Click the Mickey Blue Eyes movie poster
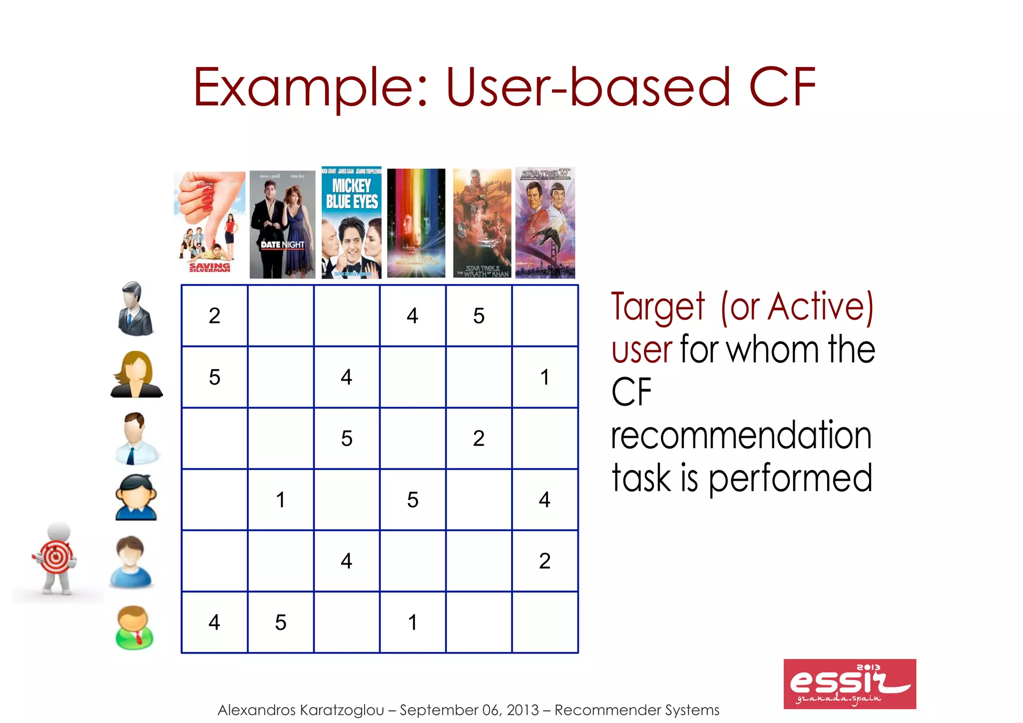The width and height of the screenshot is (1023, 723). pos(351,223)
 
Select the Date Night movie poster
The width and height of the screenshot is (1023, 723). pos(282,224)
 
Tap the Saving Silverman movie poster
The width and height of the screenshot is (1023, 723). pos(210,223)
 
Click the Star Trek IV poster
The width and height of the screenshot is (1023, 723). pos(545,223)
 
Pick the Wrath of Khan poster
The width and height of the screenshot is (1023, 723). pos(482,223)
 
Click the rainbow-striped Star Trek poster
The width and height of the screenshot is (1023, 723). pos(416,223)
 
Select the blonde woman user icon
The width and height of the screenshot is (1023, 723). pos(136,375)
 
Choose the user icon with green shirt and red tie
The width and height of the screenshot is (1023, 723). pos(134,628)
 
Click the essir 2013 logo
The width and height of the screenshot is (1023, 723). pos(849,684)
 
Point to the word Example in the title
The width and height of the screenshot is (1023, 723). pos(310,88)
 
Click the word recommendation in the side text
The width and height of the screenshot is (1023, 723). pos(741,436)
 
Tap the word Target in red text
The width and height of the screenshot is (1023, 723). pos(658,307)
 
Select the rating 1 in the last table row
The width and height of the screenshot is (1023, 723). pos(413,623)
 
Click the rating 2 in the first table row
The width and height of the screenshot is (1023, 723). pos(214,316)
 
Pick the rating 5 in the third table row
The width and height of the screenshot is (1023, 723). pos(347,439)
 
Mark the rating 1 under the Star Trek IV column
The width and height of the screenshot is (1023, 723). pos(545,377)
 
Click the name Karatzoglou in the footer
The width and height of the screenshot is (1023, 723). pos(342,710)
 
